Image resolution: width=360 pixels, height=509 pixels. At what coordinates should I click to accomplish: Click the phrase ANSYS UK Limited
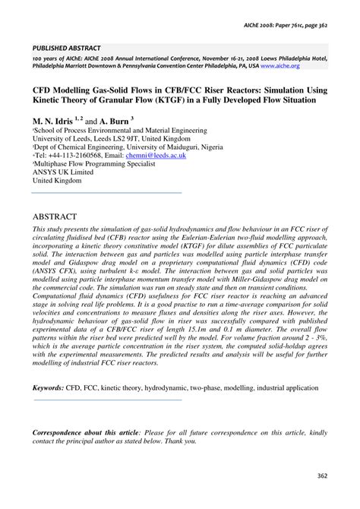[x=58, y=172]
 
